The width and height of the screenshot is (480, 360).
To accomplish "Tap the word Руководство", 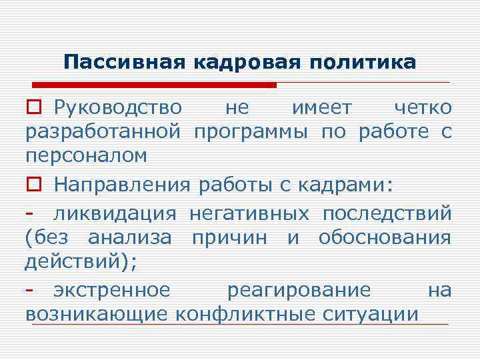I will pyautogui.click(x=117, y=107).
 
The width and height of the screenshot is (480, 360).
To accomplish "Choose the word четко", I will pyautogui.click(x=422, y=107).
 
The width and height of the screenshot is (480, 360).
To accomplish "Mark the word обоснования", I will pyautogui.click(x=385, y=238).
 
